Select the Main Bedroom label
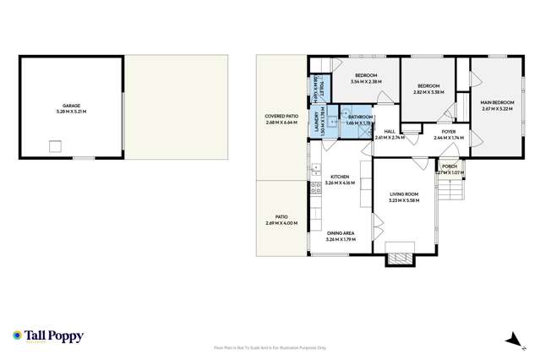[498, 103]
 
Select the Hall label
[390, 131]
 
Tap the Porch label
[448, 166]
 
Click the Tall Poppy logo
[49, 336]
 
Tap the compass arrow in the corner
[511, 340]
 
